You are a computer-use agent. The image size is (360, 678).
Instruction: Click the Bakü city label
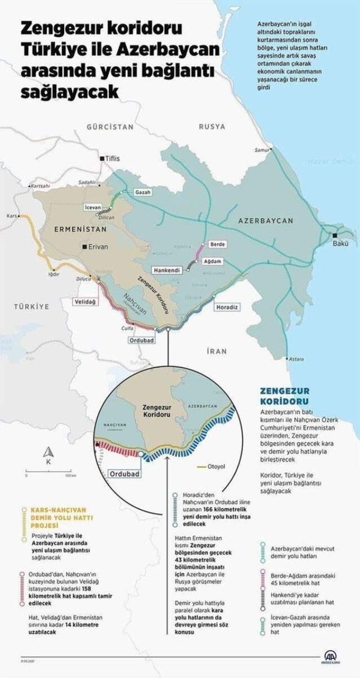tap(341, 243)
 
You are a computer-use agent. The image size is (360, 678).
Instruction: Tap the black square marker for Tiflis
tap(102, 159)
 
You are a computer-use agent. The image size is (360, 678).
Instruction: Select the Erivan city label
tap(97, 246)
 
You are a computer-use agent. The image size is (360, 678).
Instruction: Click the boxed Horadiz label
tap(227, 307)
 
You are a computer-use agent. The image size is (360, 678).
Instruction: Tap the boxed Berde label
tap(217, 244)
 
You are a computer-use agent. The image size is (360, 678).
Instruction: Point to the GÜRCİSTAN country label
tap(110, 127)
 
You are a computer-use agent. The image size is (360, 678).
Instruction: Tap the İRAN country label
tap(217, 351)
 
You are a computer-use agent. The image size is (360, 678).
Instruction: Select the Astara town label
tap(296, 359)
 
